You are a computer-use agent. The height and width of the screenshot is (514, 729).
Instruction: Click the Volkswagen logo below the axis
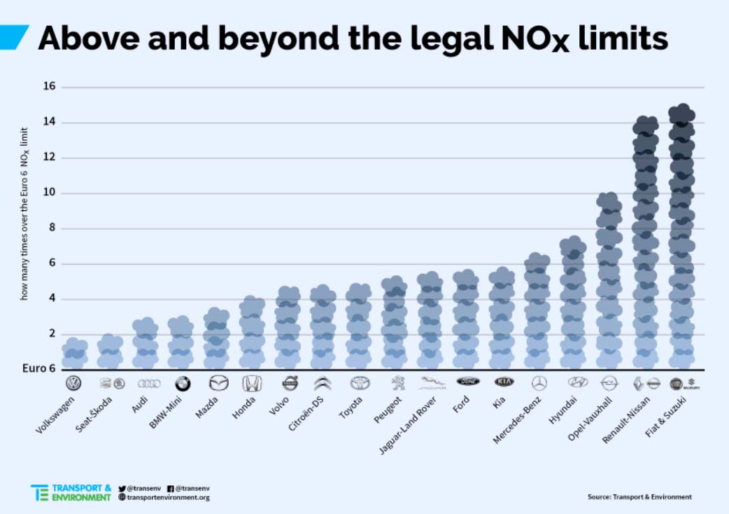[x=73, y=383]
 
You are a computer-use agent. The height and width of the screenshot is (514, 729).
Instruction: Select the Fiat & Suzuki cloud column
[x=681, y=238]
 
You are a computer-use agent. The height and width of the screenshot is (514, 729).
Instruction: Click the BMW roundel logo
[x=183, y=383]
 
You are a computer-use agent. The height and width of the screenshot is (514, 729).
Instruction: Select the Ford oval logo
[x=467, y=382]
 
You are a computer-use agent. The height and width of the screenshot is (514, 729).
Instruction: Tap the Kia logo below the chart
[x=504, y=382]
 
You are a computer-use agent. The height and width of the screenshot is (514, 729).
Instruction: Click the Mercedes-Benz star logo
[x=539, y=382]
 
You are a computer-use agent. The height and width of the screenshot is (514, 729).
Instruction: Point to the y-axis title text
[x=24, y=214]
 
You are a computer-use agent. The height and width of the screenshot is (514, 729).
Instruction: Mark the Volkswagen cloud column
[x=74, y=354]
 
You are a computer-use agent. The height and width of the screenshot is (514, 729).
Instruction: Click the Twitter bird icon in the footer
[x=122, y=487]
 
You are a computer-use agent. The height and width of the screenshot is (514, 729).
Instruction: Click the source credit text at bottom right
[x=639, y=496]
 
